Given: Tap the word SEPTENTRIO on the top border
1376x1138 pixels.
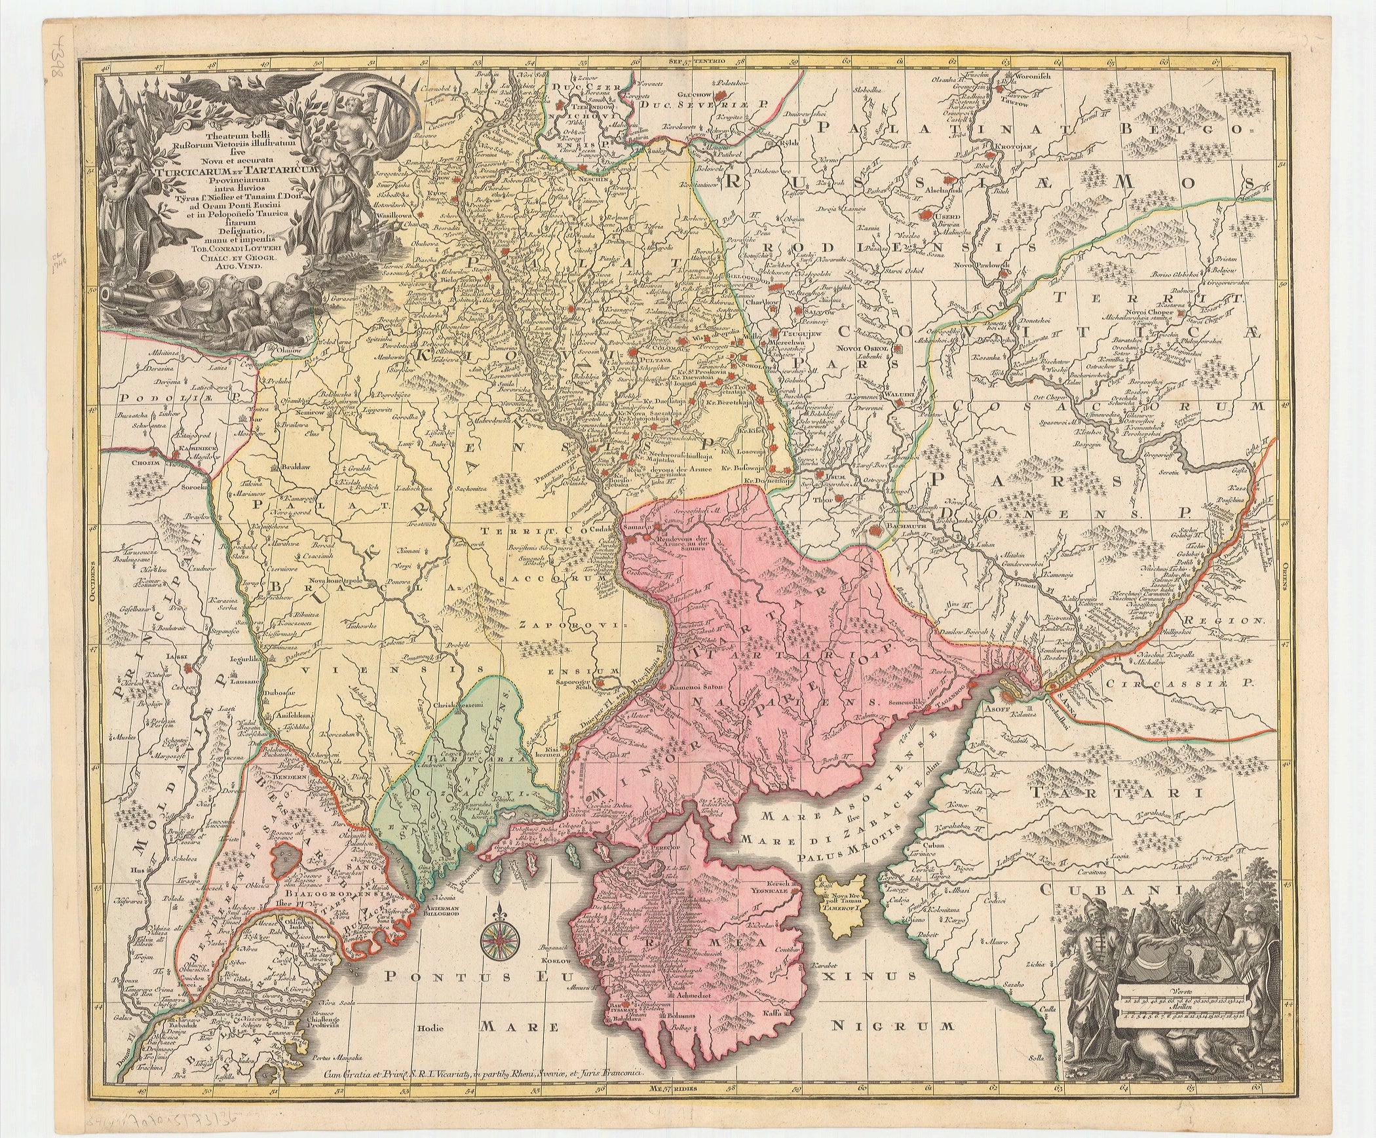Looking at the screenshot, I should [x=704, y=63].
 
